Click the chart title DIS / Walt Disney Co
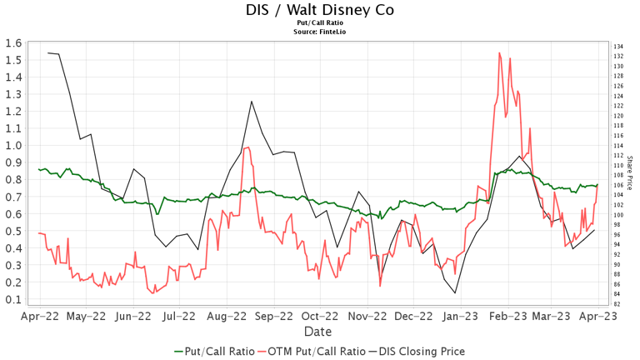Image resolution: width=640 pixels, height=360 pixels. pyautogui.click(x=320, y=10)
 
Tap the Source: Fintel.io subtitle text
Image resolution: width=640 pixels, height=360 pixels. pyautogui.click(x=320, y=31)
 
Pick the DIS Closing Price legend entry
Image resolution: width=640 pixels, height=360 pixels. pyautogui.click(x=414, y=352)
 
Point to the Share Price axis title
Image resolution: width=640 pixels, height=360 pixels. pyautogui.click(x=630, y=172)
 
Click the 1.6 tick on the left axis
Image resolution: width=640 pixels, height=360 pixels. pyautogui.click(x=12, y=43)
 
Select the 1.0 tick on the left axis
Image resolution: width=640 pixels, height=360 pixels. pyautogui.click(x=12, y=145)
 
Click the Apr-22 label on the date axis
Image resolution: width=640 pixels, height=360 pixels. pyautogui.click(x=39, y=317)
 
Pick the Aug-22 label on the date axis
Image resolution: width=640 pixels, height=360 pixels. pyautogui.click(x=226, y=317)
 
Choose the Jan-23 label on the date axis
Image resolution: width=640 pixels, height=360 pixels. pyautogui.click(x=459, y=317)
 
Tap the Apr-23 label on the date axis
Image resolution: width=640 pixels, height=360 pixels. pyautogui.click(x=598, y=317)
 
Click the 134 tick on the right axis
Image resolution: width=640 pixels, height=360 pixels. pyautogui.click(x=618, y=47)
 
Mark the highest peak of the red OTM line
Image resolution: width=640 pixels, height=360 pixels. pyautogui.click(x=499, y=52)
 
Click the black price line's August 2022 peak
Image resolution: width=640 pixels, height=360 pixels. pyautogui.click(x=251, y=102)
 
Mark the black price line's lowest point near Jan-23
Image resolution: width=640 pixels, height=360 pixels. pyautogui.click(x=455, y=292)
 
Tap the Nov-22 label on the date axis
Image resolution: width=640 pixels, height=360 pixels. pyautogui.click(x=366, y=317)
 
